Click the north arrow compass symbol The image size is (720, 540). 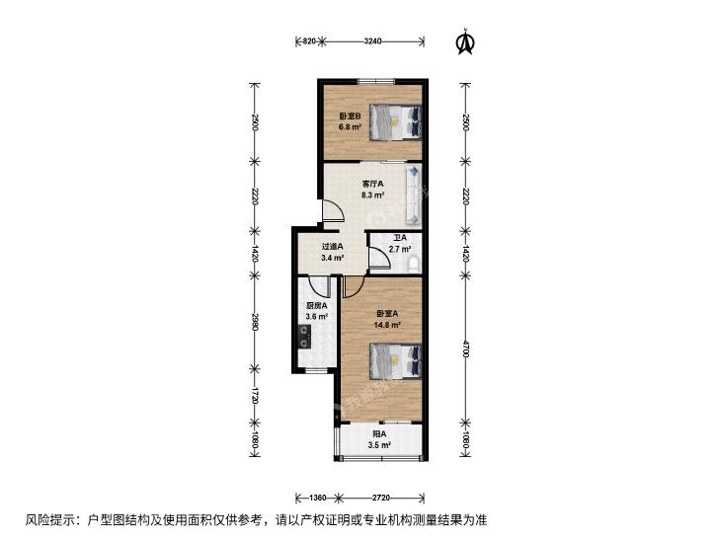click(x=465, y=42)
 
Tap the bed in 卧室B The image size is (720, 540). click(x=395, y=122)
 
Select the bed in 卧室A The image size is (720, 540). click(x=395, y=361)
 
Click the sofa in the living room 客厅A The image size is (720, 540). click(x=413, y=194)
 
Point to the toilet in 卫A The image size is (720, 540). click(x=414, y=265)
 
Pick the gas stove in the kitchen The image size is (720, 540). click(x=304, y=337)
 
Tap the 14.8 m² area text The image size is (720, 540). click(x=388, y=325)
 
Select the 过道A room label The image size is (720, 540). click(x=333, y=247)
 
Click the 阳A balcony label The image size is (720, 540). click(x=379, y=433)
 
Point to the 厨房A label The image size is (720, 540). click(x=316, y=305)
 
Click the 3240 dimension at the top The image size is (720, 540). click(x=372, y=41)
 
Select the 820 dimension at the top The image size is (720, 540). click(x=309, y=41)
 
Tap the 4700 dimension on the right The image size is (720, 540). click(x=465, y=348)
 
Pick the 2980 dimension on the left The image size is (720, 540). click(x=255, y=323)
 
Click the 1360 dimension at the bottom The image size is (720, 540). click(x=317, y=498)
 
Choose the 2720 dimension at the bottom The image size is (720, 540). click(x=380, y=498)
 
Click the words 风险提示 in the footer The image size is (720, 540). click(x=45, y=520)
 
